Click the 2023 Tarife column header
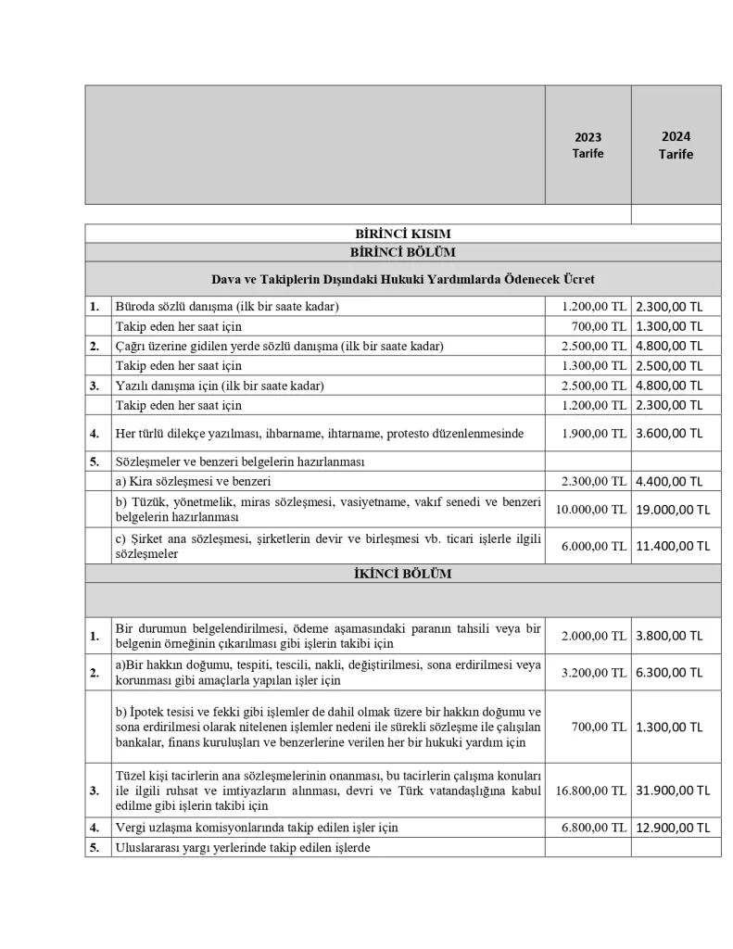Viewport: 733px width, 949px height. pyautogui.click(x=588, y=145)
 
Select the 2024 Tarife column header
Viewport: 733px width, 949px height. pyautogui.click(x=676, y=145)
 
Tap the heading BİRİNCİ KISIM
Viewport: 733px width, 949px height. pyautogui.click(x=402, y=234)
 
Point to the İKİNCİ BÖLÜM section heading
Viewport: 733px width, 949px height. pyautogui.click(x=402, y=574)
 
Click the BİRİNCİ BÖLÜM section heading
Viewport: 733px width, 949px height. pyautogui.click(x=402, y=252)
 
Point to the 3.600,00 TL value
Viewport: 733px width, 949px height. pyautogui.click(x=669, y=433)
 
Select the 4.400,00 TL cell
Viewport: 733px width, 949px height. pyautogui.click(x=669, y=481)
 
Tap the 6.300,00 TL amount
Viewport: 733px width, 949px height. pyautogui.click(x=669, y=673)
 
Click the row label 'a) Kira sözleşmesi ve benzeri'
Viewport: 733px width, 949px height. pyautogui.click(x=193, y=481)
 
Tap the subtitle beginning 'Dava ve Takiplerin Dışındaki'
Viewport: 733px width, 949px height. pyautogui.click(x=402, y=278)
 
